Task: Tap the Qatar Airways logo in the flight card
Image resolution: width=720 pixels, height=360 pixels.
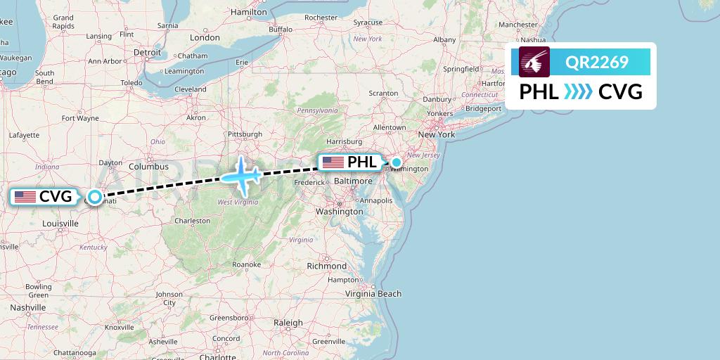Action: pos(534,63)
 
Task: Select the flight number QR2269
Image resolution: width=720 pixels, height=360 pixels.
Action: pos(596,63)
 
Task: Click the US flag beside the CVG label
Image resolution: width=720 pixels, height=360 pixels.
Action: pos(25,197)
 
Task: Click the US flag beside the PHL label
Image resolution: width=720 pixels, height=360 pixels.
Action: pos(333,162)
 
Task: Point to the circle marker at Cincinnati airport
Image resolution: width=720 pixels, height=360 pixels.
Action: pos(95,198)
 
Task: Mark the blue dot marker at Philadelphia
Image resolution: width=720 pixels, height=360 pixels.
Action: pos(397,163)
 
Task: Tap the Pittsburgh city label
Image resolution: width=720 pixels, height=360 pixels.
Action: pos(244,134)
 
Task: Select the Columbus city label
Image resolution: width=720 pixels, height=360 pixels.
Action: pos(148,167)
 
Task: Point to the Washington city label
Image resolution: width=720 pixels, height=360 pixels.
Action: pos(340,211)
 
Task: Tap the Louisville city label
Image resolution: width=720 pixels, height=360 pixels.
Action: pos(60,223)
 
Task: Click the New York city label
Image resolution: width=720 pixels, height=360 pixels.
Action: pos(437,134)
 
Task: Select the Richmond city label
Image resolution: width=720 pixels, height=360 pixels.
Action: pos(327,266)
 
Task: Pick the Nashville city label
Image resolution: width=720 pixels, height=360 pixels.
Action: pos(28,307)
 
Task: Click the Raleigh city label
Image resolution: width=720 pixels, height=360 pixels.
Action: pos(288,323)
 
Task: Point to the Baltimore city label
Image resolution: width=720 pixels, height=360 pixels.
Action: pos(353,181)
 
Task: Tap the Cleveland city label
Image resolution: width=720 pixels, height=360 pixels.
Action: pos(191,89)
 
